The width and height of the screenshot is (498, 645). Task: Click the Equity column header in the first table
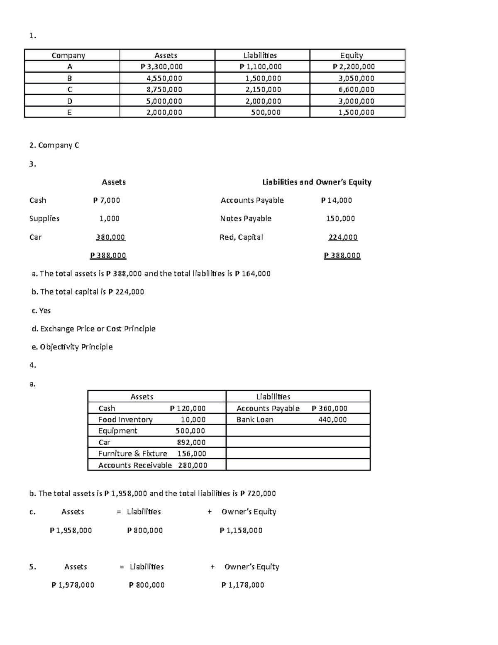[351, 55]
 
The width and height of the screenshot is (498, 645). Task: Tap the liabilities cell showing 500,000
[266, 112]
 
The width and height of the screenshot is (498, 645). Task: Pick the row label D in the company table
[70, 101]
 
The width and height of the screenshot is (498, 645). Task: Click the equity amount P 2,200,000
[354, 66]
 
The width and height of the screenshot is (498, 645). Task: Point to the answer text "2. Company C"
[54, 145]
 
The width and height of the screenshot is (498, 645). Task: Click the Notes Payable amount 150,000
[340, 218]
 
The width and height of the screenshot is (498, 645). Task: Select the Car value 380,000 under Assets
[110, 237]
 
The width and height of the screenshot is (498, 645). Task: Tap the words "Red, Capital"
[241, 237]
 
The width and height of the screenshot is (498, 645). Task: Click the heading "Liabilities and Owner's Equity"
[317, 182]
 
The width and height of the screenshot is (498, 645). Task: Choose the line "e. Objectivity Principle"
[72, 347]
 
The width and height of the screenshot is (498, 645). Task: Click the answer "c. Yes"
[41, 310]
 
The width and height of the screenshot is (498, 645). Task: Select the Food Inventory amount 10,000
[193, 419]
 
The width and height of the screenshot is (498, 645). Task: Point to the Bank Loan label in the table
[255, 419]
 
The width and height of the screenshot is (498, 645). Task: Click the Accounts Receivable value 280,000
[193, 465]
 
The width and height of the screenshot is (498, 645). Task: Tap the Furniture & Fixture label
[132, 454]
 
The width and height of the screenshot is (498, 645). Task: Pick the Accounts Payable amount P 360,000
[330, 408]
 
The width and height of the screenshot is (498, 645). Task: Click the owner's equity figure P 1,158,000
[241, 530]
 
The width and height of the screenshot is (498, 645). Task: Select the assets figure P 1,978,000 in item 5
[73, 585]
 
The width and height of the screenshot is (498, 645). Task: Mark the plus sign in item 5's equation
[212, 567]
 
